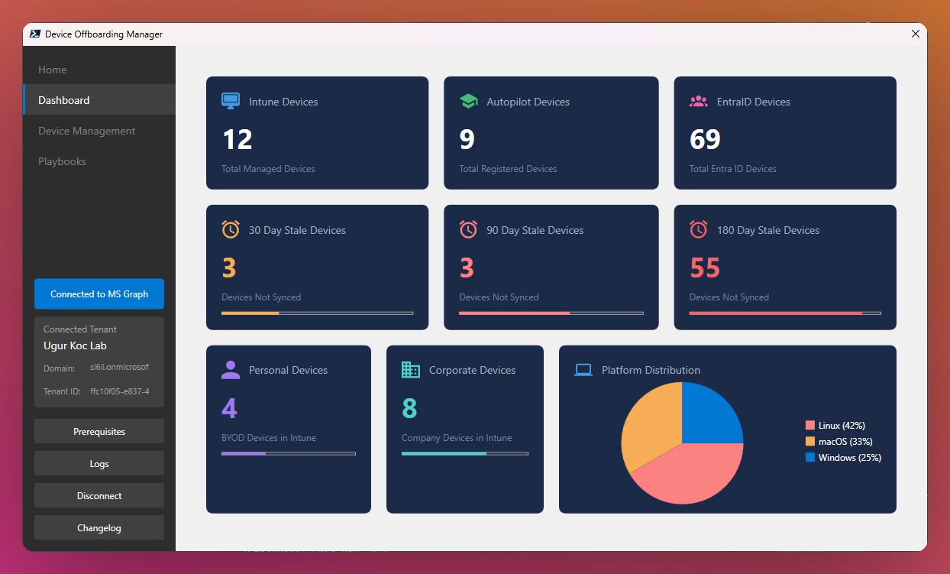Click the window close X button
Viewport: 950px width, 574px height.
pyautogui.click(x=916, y=34)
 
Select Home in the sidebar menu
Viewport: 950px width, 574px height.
pyautogui.click(x=53, y=70)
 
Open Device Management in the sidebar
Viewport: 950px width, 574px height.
pyautogui.click(x=87, y=131)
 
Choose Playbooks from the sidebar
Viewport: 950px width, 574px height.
pyautogui.click(x=62, y=161)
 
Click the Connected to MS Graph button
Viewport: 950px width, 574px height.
pyautogui.click(x=99, y=294)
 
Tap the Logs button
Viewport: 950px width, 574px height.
pyautogui.click(x=99, y=463)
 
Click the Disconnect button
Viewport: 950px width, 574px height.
pyautogui.click(x=99, y=495)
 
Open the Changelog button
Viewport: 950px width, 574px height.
pyautogui.click(x=99, y=527)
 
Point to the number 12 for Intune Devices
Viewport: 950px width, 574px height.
pyautogui.click(x=237, y=140)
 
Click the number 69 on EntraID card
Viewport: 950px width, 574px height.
pyautogui.click(x=705, y=140)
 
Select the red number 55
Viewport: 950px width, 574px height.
pyautogui.click(x=705, y=268)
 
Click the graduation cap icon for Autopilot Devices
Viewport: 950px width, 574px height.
pyautogui.click(x=468, y=102)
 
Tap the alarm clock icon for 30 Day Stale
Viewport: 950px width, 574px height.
pyautogui.click(x=231, y=229)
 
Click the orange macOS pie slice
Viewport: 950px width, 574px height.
pyautogui.click(x=649, y=428)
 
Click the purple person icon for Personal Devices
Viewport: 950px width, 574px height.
pyautogui.click(x=231, y=370)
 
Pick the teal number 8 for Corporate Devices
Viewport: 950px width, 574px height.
pyautogui.click(x=409, y=409)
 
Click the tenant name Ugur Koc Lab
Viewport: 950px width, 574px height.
pyautogui.click(x=75, y=346)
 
